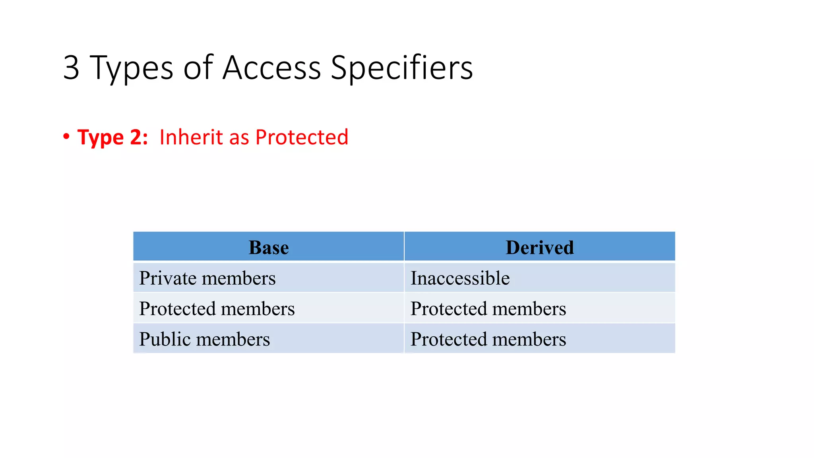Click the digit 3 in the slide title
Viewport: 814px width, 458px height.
click(x=72, y=68)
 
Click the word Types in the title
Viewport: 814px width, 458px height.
click(x=132, y=68)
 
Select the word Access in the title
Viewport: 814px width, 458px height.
click(x=271, y=68)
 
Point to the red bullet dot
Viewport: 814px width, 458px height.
click(x=66, y=137)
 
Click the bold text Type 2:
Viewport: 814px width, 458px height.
click(x=112, y=138)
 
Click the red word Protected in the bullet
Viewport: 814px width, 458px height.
click(x=302, y=137)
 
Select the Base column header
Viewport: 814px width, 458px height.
click(x=269, y=247)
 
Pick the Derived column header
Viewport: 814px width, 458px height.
click(x=539, y=247)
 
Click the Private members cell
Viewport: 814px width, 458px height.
click(x=207, y=278)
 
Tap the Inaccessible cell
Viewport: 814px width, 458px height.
click(x=460, y=278)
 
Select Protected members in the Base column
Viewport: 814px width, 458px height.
click(x=217, y=309)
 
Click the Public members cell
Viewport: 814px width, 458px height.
click(x=204, y=339)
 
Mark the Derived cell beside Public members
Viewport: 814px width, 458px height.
click(x=488, y=339)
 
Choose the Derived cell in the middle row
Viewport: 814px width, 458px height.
click(x=488, y=309)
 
